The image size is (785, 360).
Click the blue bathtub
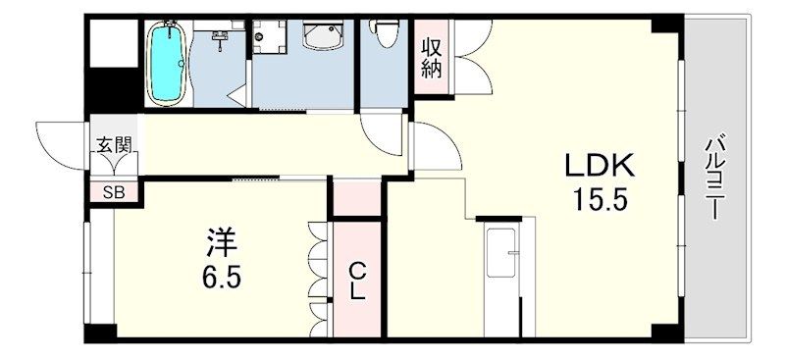coord(168,63)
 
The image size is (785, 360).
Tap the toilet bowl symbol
coord(384,33)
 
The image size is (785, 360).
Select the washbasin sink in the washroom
coord(323,35)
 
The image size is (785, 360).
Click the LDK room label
coord(600,165)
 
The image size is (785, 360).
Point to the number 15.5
coord(601,201)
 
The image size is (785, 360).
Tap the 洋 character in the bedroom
coord(221,241)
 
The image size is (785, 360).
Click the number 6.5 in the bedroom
coord(222,277)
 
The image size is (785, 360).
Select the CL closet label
coord(356,282)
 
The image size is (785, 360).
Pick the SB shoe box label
coord(114,193)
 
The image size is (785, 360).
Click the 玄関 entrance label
coord(114,145)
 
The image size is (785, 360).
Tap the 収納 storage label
coord(431,59)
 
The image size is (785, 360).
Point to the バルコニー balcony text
coord(714,178)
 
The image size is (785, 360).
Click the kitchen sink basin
coord(501,253)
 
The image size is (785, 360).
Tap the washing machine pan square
coord(269,37)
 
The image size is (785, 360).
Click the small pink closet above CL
coord(357,198)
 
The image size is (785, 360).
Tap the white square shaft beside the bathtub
coord(114,43)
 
